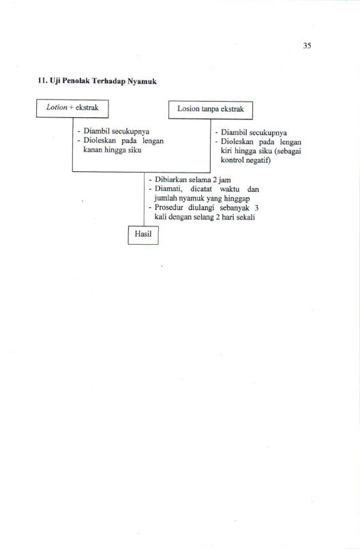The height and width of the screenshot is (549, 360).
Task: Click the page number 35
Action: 307,46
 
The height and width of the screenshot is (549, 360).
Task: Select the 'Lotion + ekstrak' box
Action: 72,108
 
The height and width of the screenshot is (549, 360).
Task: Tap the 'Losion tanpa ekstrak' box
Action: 211,110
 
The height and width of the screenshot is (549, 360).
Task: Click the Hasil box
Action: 143,235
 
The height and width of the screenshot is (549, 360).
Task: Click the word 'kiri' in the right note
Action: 226,151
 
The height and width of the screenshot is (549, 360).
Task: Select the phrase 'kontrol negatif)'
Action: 245,160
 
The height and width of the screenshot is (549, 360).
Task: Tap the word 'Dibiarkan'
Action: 171,180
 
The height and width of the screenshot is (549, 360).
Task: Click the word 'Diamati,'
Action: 168,190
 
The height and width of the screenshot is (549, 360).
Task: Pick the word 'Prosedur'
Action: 169,207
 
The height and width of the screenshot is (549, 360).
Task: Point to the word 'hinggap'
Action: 237,199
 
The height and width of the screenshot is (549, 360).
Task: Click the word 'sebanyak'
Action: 235,207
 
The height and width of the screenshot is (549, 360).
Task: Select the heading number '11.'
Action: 42,81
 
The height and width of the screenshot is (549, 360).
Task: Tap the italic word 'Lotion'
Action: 57,107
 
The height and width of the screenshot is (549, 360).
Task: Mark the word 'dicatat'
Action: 201,189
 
